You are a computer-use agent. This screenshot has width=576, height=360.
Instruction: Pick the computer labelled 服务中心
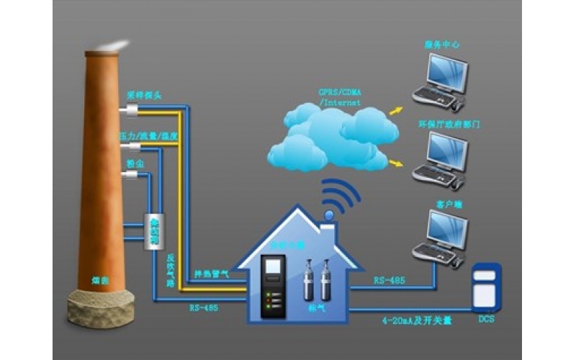(x=441, y=81)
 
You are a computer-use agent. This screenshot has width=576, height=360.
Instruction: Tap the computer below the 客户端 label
(x=441, y=238)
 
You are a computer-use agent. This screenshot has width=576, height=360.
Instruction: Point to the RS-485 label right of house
(x=388, y=280)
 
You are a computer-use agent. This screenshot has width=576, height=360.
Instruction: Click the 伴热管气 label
(x=210, y=274)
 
